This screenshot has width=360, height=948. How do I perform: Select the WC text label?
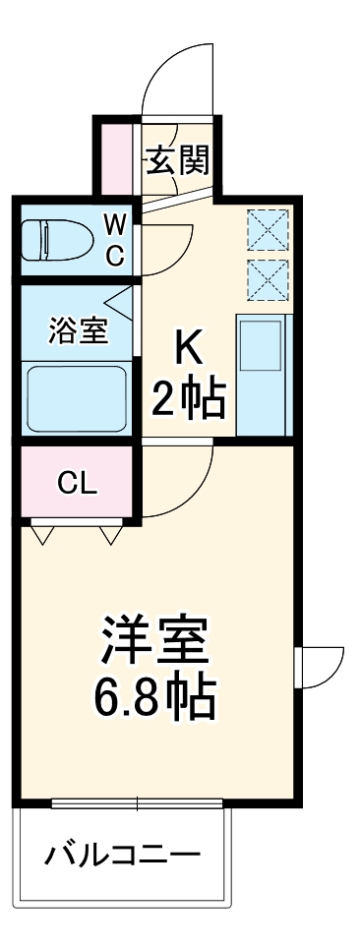point(115,241)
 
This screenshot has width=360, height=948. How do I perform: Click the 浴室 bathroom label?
point(78,331)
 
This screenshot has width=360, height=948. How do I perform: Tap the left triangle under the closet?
point(42,535)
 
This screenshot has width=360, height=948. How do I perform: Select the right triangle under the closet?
point(110,535)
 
